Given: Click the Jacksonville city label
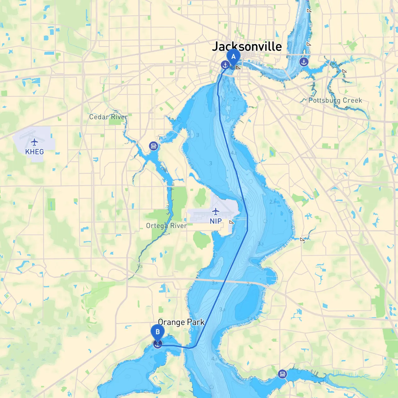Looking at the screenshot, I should (247, 47).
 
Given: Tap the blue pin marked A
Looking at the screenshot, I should (233, 57).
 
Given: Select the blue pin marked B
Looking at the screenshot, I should (158, 332).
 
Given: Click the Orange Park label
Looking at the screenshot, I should (181, 322).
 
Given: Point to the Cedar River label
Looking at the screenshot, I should (108, 117).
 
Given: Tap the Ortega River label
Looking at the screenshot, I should (166, 226).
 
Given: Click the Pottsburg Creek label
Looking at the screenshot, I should (335, 100).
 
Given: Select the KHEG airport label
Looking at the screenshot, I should (35, 152).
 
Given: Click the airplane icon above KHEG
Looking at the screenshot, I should (34, 142).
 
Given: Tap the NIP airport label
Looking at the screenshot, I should (215, 221).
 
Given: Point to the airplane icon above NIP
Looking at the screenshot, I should (215, 212).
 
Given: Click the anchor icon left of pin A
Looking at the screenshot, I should (225, 65).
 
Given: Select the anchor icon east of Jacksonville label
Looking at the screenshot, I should (304, 62).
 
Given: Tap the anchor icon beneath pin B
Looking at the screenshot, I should (158, 344).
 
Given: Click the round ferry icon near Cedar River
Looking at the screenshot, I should (153, 146).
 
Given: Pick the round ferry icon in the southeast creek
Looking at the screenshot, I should (282, 374).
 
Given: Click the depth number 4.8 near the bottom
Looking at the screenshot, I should (215, 359).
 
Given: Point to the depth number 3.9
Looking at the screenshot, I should (222, 309).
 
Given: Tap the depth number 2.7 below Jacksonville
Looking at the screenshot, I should (236, 99).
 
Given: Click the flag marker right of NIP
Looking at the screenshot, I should (231, 222).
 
